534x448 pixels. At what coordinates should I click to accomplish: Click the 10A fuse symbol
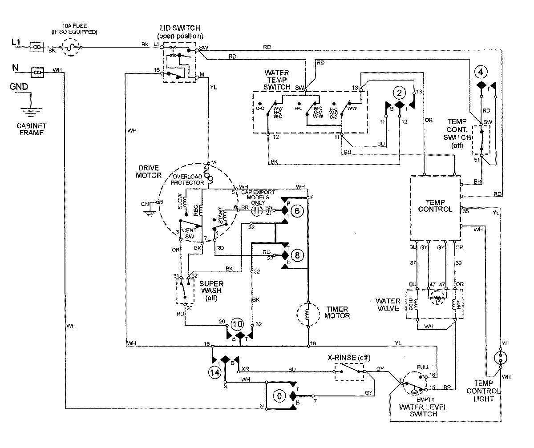tap(71, 46)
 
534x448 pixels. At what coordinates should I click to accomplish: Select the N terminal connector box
tap(38, 71)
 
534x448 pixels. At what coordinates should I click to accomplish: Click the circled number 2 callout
tap(399, 93)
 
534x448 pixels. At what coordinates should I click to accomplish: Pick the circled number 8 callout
tap(297, 255)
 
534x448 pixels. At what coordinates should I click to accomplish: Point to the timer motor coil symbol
tap(307, 315)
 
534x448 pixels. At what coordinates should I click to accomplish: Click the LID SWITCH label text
tap(179, 28)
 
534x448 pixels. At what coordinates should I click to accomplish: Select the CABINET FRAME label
tap(31, 129)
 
